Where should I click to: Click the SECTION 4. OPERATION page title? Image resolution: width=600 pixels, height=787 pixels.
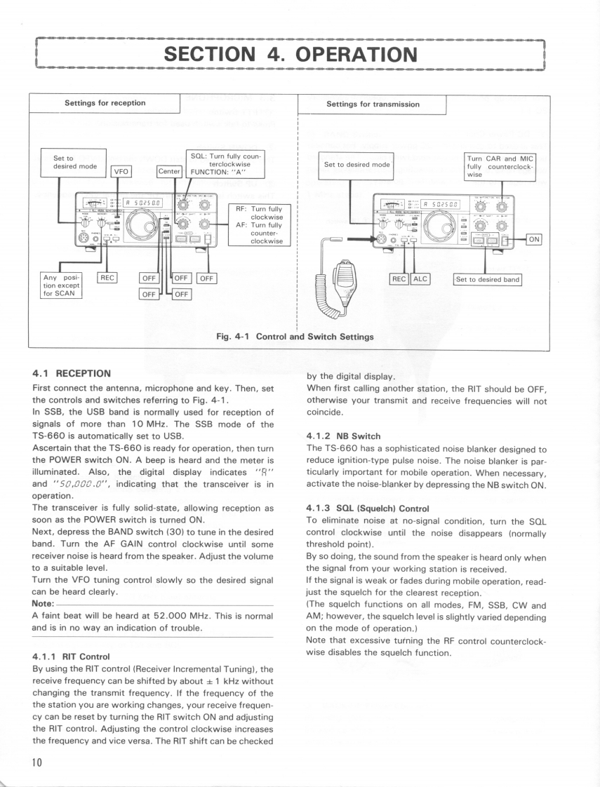pyautogui.click(x=290, y=54)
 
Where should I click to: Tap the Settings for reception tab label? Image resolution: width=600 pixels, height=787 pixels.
pyautogui.click(x=105, y=103)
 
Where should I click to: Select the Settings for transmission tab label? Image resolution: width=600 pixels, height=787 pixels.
pyautogui.click(x=373, y=104)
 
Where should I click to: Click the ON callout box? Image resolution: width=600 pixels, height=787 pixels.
pyautogui.click(x=534, y=239)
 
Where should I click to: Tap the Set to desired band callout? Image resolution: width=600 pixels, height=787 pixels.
pyautogui.click(x=488, y=279)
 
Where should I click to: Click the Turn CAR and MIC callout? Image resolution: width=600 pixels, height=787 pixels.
pyautogui.click(x=500, y=166)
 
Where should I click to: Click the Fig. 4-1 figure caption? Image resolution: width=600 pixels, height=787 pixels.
pyautogui.click(x=295, y=337)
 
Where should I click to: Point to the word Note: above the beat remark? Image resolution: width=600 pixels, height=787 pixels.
pyautogui.click(x=43, y=603)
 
